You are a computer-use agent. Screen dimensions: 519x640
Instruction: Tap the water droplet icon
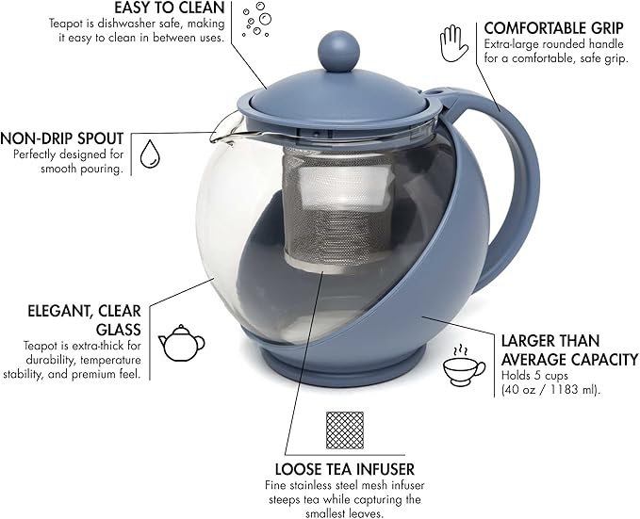coord(149,154)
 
